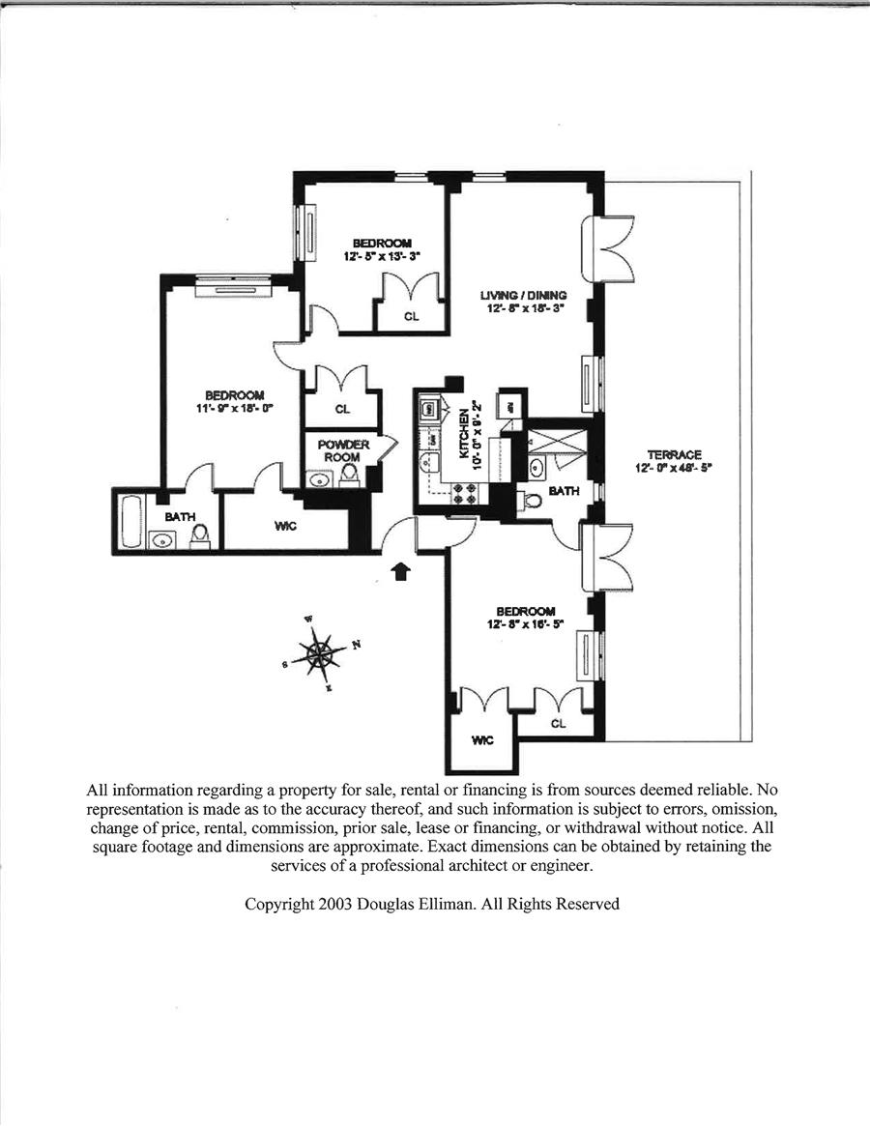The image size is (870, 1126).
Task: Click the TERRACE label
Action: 674,455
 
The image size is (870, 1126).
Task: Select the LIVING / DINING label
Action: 523,295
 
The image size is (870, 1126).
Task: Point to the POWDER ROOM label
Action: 342,450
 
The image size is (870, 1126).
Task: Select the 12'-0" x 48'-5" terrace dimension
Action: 674,469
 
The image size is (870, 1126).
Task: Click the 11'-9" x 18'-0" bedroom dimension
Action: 234,408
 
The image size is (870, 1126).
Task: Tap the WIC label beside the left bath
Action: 284,525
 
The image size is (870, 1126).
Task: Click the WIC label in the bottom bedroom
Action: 482,740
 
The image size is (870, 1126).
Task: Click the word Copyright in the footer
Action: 278,905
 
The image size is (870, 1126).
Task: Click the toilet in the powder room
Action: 350,473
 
